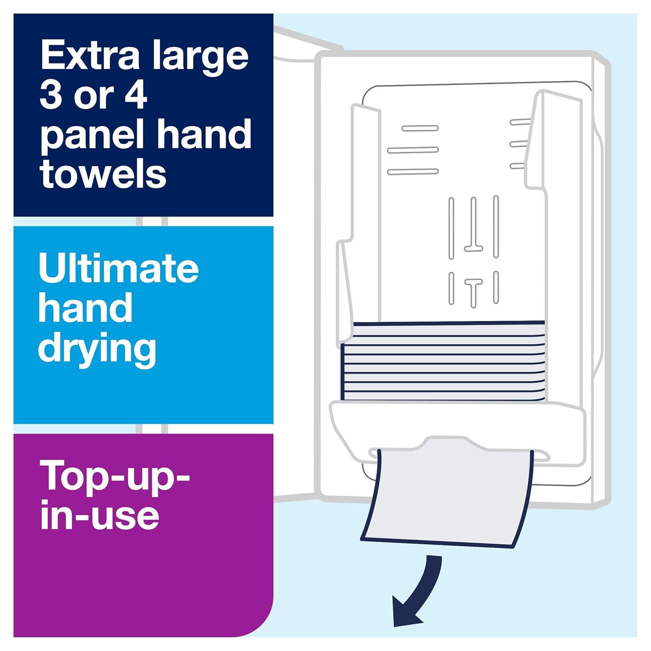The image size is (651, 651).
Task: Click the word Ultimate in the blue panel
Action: (118, 268)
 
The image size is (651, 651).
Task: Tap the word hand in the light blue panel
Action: (85, 308)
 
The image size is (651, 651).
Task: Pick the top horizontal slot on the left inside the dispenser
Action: (420, 128)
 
